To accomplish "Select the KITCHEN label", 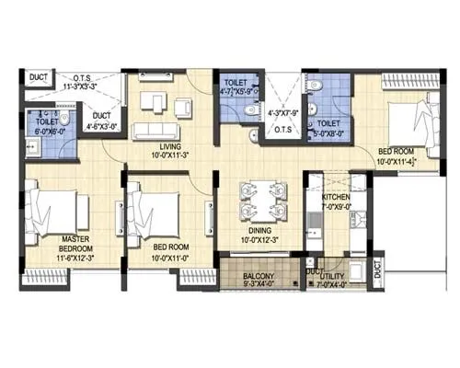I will (336, 199).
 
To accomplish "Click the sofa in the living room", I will (159, 130).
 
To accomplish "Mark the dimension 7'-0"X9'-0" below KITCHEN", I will (336, 208).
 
